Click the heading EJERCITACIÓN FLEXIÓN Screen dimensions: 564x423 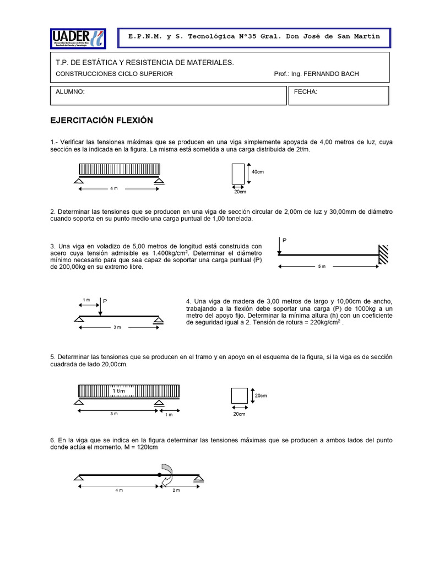click(101, 120)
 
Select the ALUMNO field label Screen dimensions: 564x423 click(70, 92)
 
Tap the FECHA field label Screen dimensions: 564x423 click(306, 92)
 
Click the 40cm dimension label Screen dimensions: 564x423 click(258, 172)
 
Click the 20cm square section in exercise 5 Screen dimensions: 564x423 click(239, 396)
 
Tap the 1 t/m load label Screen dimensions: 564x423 click(119, 391)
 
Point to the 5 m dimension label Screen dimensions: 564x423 click(322, 267)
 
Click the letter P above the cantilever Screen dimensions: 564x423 click(285, 241)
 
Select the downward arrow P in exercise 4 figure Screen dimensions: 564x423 click(100, 308)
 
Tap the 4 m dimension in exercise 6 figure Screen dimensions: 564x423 click(119, 490)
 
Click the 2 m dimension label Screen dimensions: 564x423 click(177, 490)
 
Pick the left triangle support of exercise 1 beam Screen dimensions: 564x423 click(79, 181)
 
